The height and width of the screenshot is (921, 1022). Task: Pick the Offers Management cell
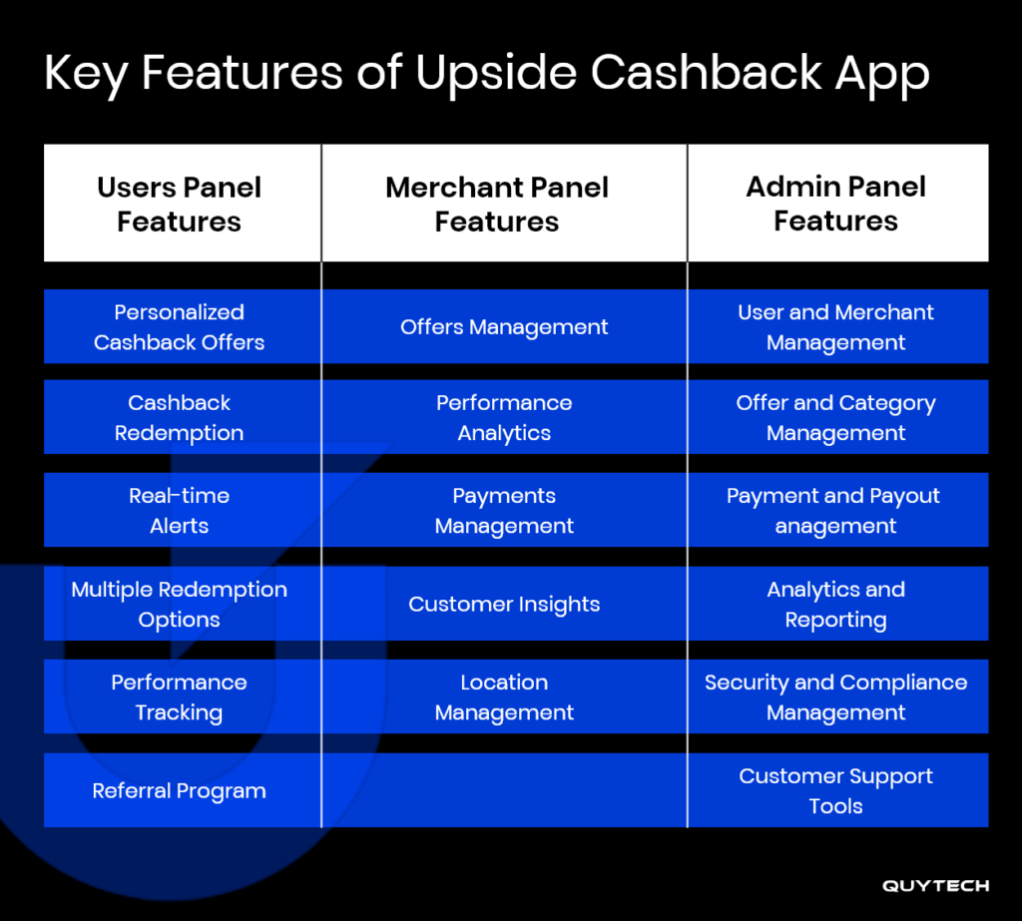pyautogui.click(x=504, y=326)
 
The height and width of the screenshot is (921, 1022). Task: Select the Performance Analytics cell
pyautogui.click(x=504, y=418)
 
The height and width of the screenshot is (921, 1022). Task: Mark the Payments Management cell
pyautogui.click(x=504, y=510)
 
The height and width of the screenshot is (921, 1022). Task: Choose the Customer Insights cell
pyautogui.click(x=504, y=605)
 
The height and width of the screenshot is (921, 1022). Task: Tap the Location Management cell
pyautogui.click(x=504, y=697)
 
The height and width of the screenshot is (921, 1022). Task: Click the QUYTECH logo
pyautogui.click(x=935, y=886)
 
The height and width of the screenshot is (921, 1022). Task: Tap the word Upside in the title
pyautogui.click(x=496, y=74)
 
